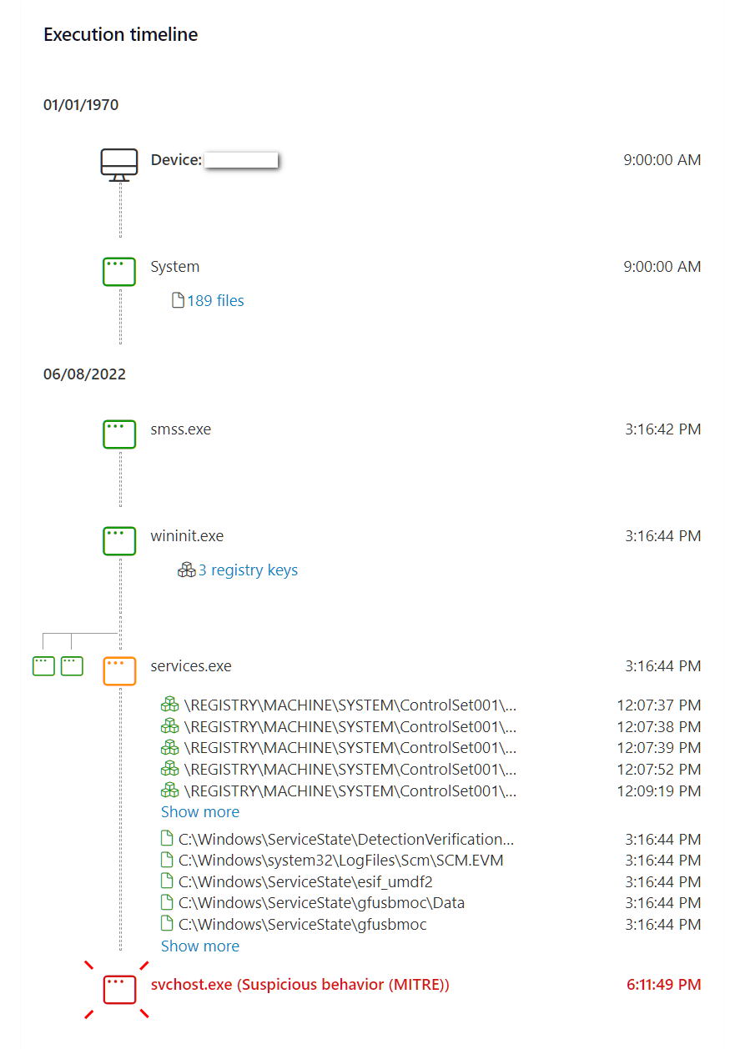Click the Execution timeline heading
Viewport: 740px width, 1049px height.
point(120,35)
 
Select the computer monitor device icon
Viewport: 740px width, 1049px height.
point(118,163)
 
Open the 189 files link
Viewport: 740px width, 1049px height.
point(214,301)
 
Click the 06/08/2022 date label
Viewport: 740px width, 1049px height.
point(84,374)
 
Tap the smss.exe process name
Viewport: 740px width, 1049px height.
point(180,430)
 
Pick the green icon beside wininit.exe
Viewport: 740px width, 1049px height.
point(119,540)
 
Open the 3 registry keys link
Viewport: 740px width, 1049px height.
point(247,570)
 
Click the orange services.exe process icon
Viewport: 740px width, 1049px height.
point(119,670)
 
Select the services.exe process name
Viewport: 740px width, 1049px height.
point(190,666)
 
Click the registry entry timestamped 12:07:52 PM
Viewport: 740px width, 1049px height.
point(350,770)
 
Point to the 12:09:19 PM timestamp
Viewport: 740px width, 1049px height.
point(658,791)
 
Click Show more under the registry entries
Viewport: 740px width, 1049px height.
point(199,812)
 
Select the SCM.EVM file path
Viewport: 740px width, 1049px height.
point(340,861)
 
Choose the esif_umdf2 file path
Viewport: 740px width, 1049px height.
point(305,882)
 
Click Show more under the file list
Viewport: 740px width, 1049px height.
point(199,946)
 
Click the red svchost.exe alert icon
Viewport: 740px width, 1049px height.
point(119,989)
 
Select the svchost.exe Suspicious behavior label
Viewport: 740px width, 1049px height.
point(300,985)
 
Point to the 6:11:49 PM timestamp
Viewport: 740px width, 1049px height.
point(663,985)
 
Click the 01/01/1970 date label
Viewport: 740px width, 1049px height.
point(81,105)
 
